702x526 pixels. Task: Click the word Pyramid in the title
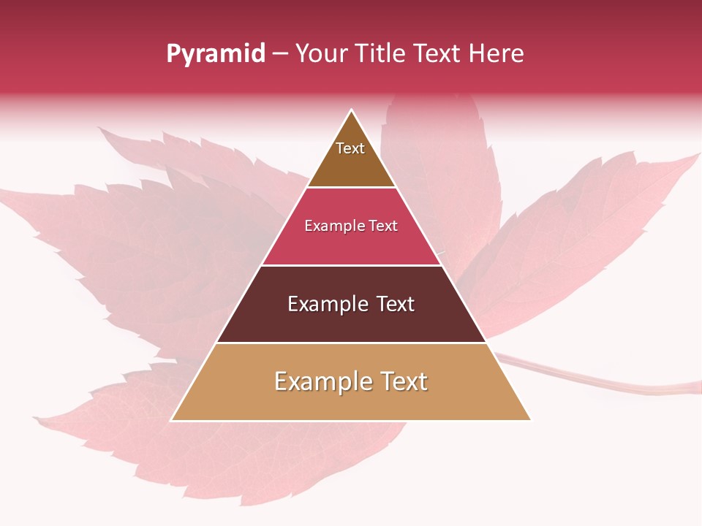[x=215, y=54]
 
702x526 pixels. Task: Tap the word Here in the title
[x=496, y=54]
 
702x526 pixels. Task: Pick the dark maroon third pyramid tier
[x=351, y=321]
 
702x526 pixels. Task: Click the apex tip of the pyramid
[x=352, y=111]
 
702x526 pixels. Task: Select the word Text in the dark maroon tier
[x=396, y=304]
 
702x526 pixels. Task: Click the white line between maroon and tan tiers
[x=351, y=343]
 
